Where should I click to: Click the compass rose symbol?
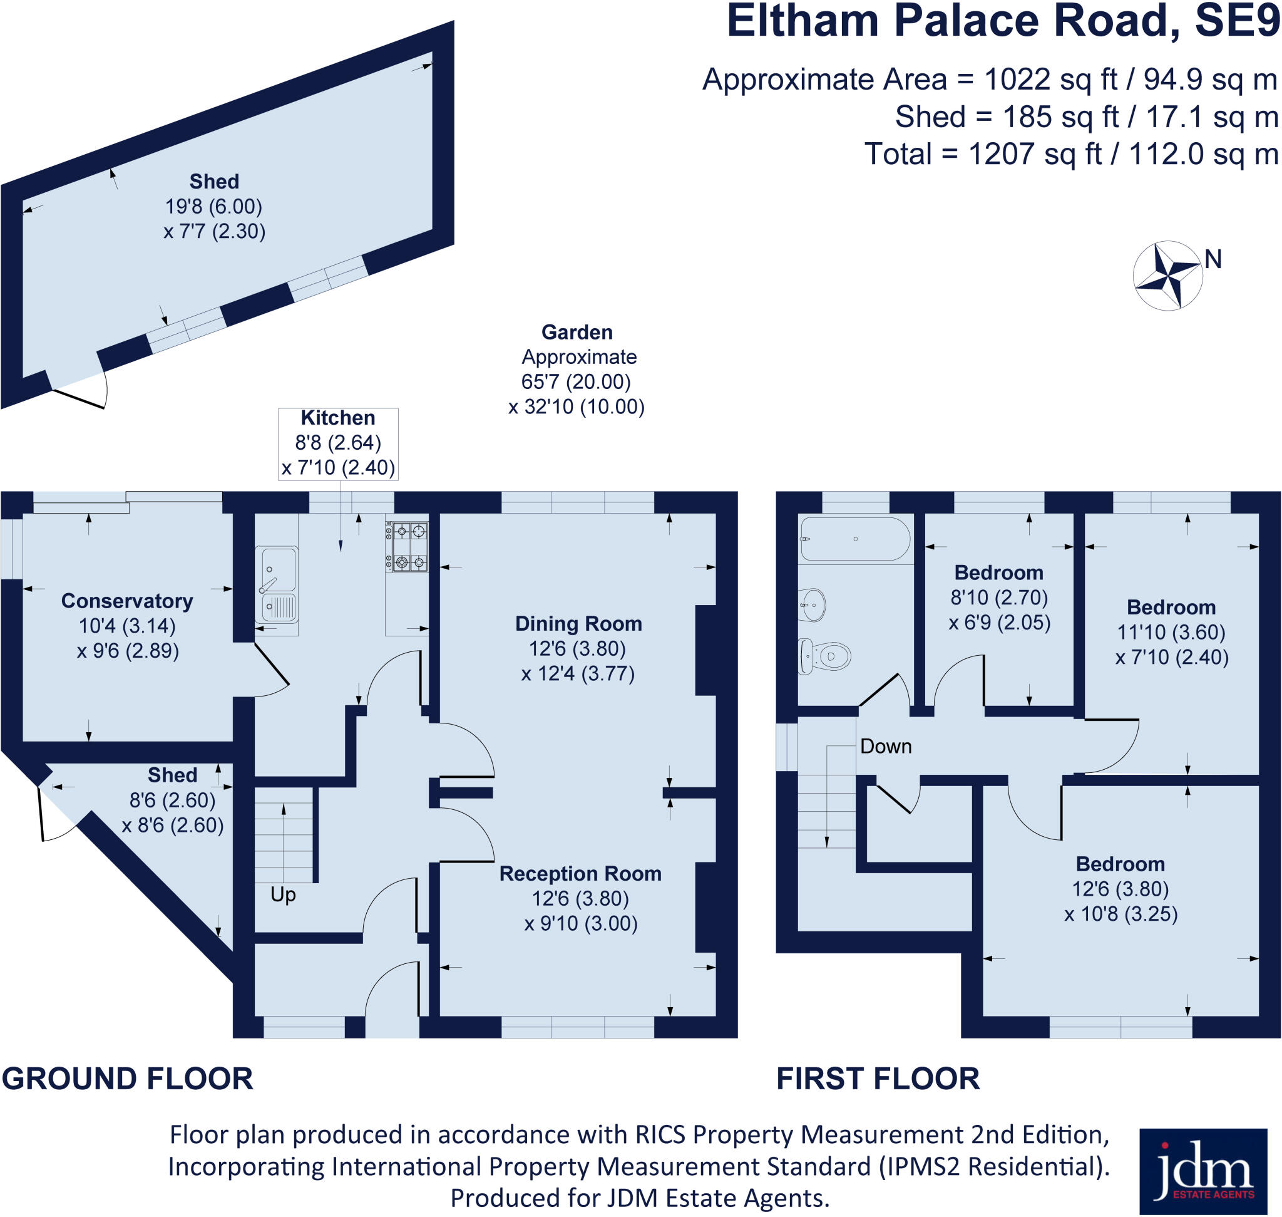point(1167,276)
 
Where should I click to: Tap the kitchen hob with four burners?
point(408,547)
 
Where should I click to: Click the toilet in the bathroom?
point(825,656)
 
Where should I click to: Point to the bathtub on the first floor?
point(854,539)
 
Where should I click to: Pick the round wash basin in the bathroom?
point(813,604)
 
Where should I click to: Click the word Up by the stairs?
point(283,894)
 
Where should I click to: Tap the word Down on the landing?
point(885,747)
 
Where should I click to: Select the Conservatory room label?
point(127,601)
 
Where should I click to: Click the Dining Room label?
point(578,623)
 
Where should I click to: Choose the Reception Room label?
point(580,873)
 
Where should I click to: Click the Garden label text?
point(577,332)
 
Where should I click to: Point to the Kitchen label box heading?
point(338,418)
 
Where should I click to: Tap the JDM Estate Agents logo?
point(1203,1171)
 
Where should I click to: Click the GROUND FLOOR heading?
point(127,1079)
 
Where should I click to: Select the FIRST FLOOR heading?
point(878,1079)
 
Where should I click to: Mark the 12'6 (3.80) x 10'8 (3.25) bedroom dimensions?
point(1120,901)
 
